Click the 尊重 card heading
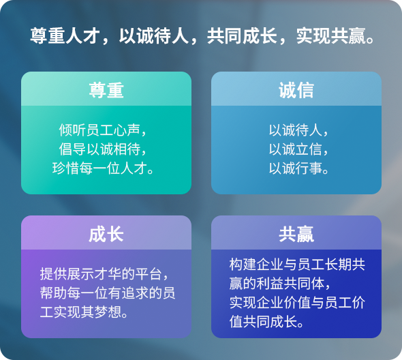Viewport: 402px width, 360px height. [x=106, y=90]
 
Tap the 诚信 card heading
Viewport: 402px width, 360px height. [x=296, y=90]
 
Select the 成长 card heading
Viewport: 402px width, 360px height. [x=106, y=235]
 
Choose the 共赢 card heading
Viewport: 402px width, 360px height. [x=296, y=235]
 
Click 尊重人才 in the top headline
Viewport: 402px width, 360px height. [x=65, y=36]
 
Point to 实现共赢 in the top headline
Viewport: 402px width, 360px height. [x=331, y=36]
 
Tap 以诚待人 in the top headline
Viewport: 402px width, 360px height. [x=154, y=36]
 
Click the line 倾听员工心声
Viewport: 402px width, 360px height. [x=99, y=130]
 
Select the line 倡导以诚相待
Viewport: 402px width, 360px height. [x=99, y=149]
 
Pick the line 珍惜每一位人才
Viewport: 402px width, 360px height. [x=99, y=168]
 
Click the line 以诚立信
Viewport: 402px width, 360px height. [x=295, y=149]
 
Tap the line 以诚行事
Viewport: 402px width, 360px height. [x=295, y=168]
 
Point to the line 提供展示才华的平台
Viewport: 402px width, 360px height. [x=101, y=274]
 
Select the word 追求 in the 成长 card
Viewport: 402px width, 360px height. [x=135, y=293]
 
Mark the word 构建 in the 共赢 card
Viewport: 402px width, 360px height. [x=243, y=265]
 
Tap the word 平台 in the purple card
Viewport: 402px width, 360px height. [x=149, y=274]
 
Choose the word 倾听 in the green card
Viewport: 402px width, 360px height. [x=72, y=130]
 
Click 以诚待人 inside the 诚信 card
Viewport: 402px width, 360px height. [x=295, y=130]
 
